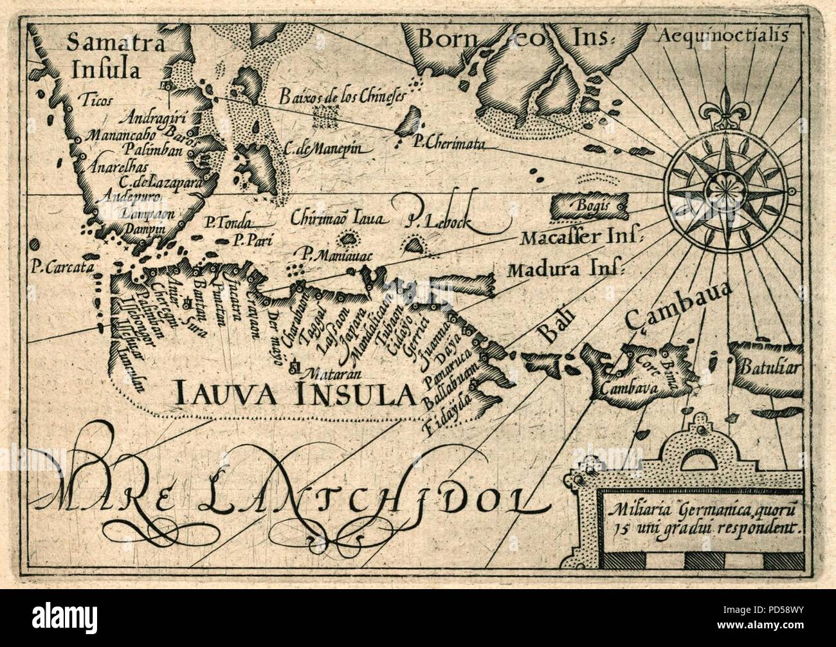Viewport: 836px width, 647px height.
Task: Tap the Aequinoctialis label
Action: [x=723, y=37]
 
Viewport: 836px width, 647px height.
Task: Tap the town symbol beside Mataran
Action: [x=295, y=367]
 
